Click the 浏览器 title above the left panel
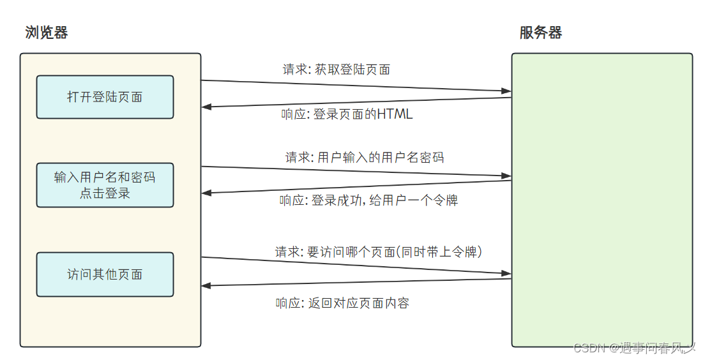click(x=47, y=33)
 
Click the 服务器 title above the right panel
click(x=541, y=33)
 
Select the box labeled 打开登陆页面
click(x=105, y=97)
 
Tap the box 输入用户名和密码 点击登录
click(x=105, y=185)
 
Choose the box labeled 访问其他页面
click(x=105, y=274)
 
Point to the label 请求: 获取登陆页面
click(x=337, y=69)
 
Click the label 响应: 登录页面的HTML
click(x=347, y=114)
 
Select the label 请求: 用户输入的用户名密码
click(x=365, y=157)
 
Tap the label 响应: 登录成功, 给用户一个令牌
click(x=368, y=200)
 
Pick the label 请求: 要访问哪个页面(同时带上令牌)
click(x=379, y=252)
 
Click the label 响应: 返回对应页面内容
click(x=342, y=303)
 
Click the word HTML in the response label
click(x=395, y=114)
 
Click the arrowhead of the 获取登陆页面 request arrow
click(x=506, y=91)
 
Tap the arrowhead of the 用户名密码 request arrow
click(x=506, y=176)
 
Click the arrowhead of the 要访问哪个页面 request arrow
click(x=506, y=273)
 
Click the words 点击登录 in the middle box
click(x=105, y=193)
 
